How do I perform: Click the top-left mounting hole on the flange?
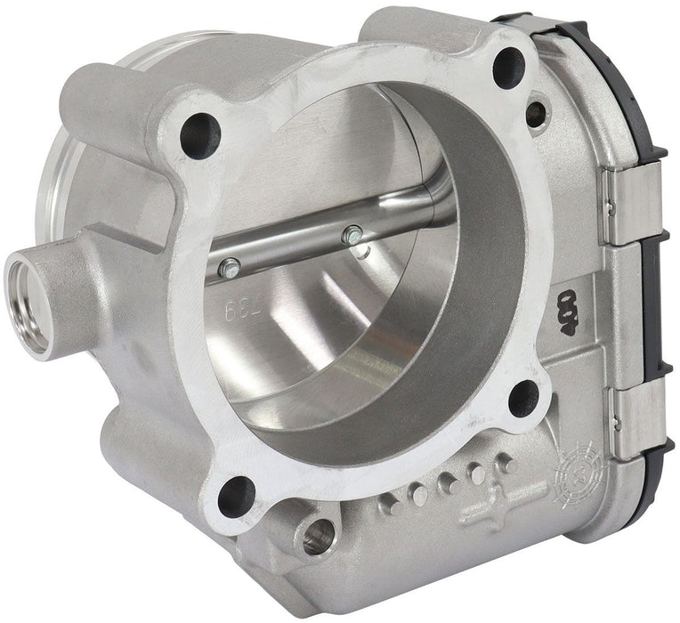[x=198, y=136]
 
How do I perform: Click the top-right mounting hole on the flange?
[x=509, y=64]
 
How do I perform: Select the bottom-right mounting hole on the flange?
[x=523, y=398]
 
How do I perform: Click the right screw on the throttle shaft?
[x=353, y=237]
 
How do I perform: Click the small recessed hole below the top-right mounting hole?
[x=536, y=113]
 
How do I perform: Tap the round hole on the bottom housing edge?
[x=318, y=538]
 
